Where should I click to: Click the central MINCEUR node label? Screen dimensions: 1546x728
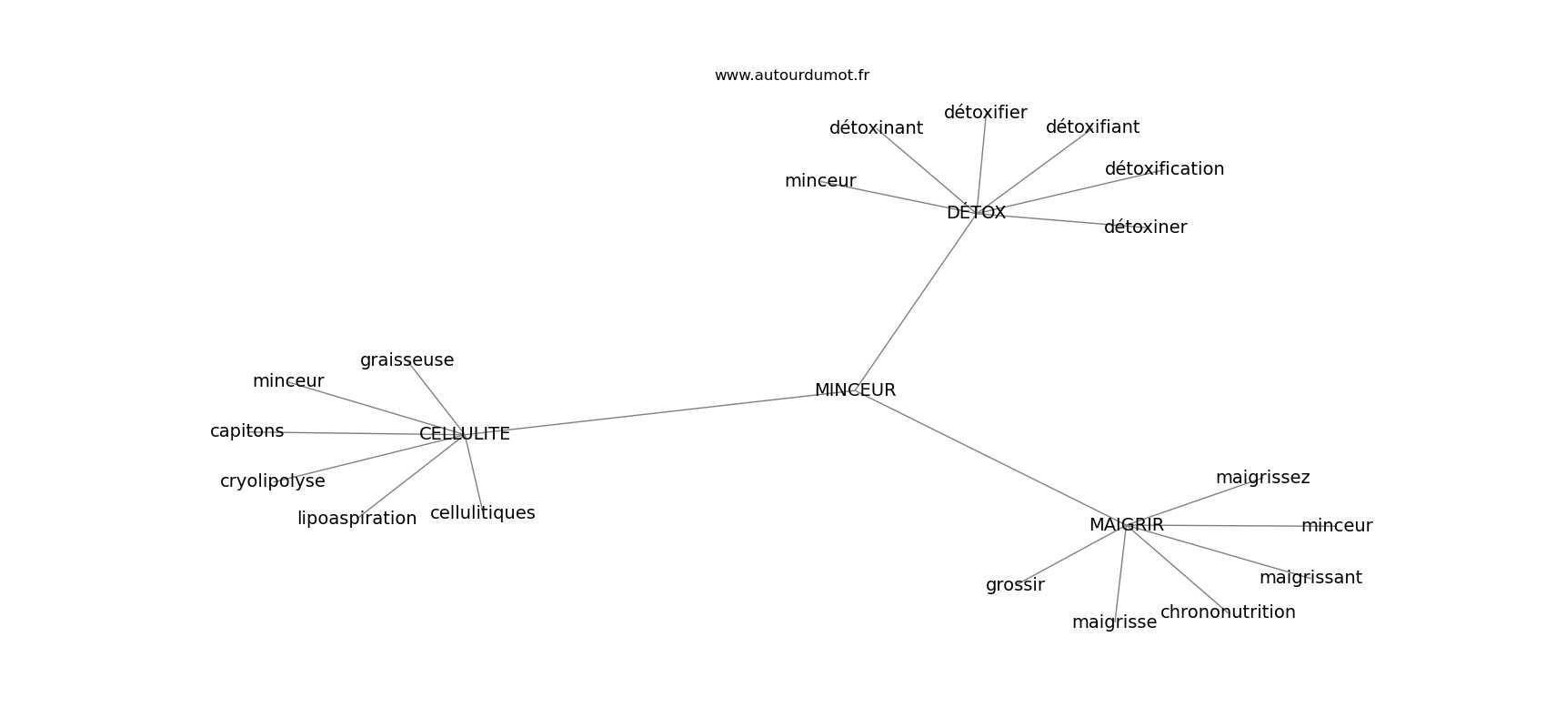pos(855,390)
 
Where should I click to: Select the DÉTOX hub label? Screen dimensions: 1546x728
pos(976,212)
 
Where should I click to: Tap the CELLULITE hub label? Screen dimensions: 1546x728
pos(465,434)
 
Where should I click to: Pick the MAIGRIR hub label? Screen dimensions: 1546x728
pos(1127,525)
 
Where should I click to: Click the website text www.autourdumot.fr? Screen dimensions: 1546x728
pos(791,76)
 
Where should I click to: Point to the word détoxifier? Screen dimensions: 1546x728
pos(986,112)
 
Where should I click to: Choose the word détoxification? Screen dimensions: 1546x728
pos(1164,168)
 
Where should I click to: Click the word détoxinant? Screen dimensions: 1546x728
pos(876,127)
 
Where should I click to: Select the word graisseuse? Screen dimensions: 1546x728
pos(407,360)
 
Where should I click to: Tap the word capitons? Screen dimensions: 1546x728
pos(247,431)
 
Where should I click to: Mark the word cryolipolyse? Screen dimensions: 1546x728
pos(273,481)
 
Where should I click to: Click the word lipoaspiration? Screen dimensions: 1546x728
pos(356,519)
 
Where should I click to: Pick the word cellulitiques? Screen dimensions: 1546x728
pos(482,513)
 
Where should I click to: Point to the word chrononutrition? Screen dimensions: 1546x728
pos(1228,612)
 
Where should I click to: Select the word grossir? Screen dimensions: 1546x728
pos(1015,585)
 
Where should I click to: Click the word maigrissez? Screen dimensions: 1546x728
pos(1262,477)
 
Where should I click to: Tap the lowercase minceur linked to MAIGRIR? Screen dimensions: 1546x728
pos(1337,526)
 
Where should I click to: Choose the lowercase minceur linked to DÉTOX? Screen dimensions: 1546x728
pos(820,181)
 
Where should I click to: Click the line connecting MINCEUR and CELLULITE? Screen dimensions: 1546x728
pos(659,412)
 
